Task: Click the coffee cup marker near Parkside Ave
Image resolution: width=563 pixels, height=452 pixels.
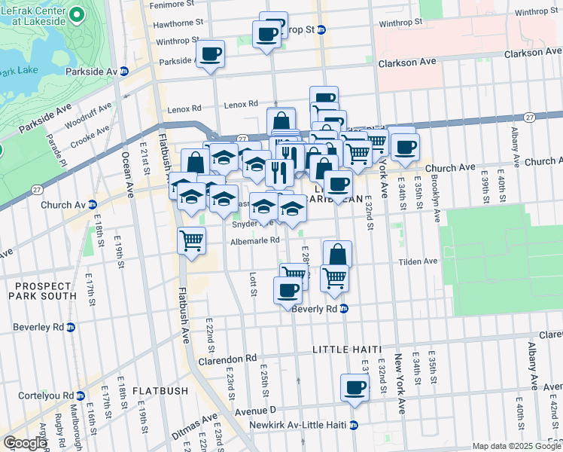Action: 210,54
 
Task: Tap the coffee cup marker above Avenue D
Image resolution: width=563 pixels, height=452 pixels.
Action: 355,389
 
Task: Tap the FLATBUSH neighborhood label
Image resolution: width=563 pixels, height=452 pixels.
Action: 160,391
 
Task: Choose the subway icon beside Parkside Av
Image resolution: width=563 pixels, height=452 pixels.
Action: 124,71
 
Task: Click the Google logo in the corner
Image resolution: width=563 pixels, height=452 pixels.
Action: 24,443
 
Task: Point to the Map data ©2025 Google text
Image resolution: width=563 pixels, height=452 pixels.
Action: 516,446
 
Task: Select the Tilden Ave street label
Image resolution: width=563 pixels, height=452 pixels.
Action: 419,261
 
